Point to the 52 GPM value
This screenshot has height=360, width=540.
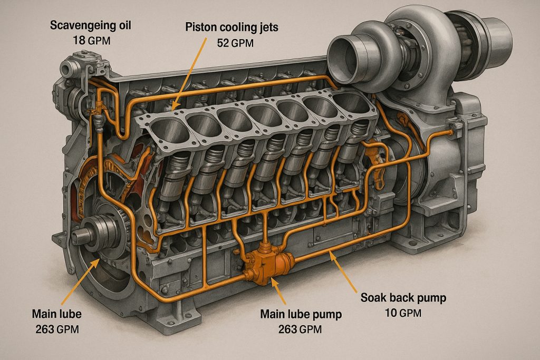[235, 43]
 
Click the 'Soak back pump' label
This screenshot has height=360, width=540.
[403, 298]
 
